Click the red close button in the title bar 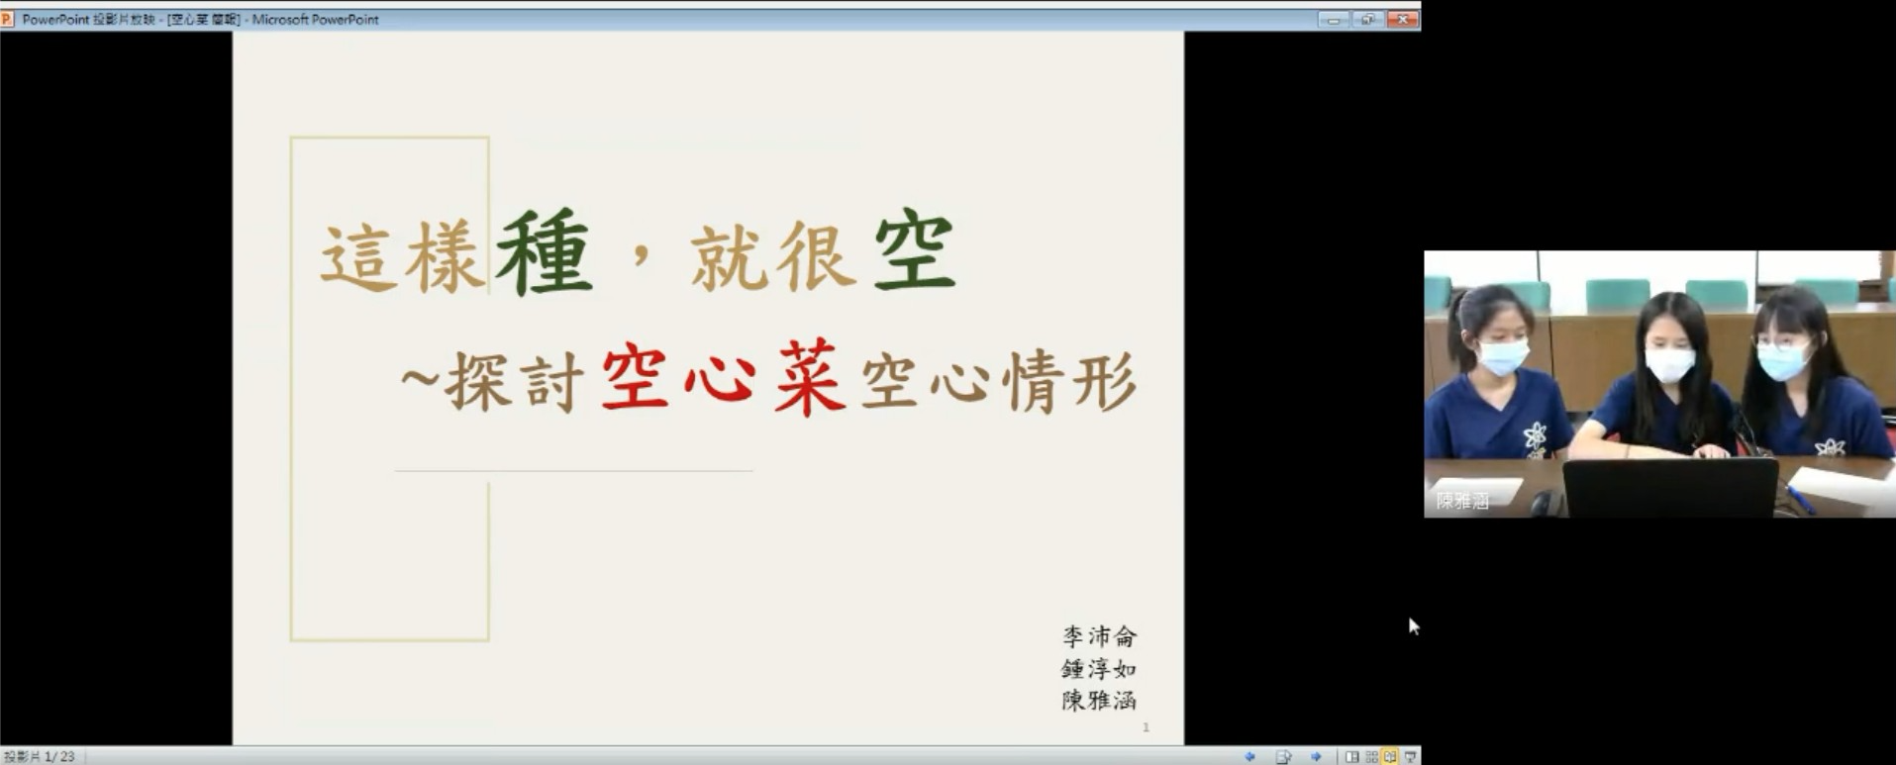(1402, 19)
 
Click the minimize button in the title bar (1333, 19)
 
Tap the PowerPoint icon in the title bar (7, 19)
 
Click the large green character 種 (545, 253)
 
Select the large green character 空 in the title (914, 251)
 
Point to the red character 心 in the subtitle (721, 379)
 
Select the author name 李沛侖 (1099, 636)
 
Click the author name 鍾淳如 (1099, 669)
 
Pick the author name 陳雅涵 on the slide (1099, 701)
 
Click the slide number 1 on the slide (1146, 727)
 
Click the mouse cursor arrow (1413, 625)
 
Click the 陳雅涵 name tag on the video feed (1463, 501)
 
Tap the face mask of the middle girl (1670, 365)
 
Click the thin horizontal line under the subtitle (574, 471)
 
